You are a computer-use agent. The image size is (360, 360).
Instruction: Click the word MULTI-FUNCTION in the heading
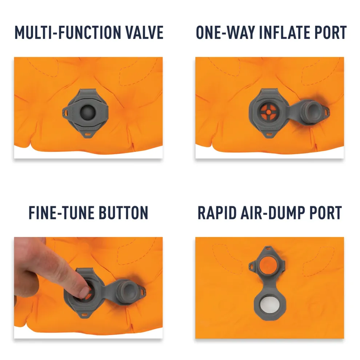[x=68, y=32]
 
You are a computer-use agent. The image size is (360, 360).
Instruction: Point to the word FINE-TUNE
[x=60, y=213]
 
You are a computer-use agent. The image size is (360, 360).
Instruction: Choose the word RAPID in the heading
[x=217, y=213]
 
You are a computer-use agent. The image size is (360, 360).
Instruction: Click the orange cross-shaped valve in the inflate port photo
[x=268, y=112]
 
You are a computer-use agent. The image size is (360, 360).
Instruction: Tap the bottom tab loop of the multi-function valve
[x=88, y=134]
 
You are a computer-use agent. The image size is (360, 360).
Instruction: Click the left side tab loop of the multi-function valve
[x=66, y=113]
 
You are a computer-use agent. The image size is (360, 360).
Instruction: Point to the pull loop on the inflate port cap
[x=326, y=112]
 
